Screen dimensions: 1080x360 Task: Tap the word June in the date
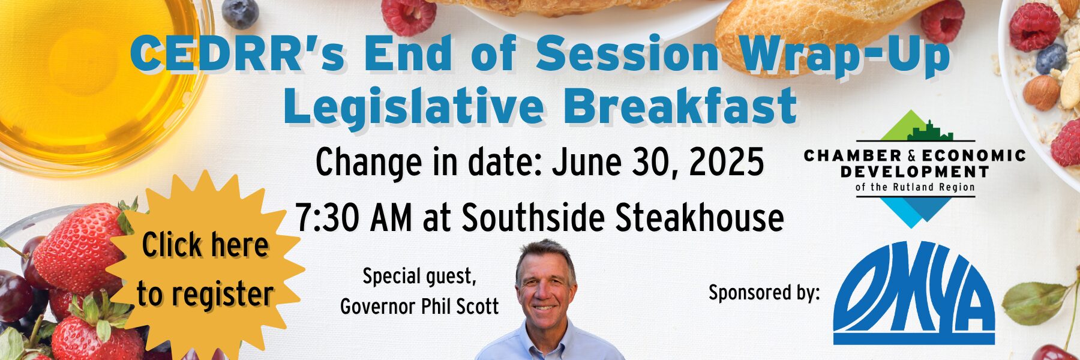pyautogui.click(x=581, y=163)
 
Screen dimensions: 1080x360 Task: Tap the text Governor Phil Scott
pyautogui.click(x=419, y=307)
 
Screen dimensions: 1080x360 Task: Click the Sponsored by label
pyautogui.click(x=764, y=293)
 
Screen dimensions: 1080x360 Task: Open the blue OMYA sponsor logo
pyautogui.click(x=914, y=293)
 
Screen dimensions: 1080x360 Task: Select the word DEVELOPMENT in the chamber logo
pyautogui.click(x=914, y=172)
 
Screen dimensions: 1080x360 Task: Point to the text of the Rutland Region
pyautogui.click(x=915, y=187)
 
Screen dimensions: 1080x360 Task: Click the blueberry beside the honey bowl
pyautogui.click(x=240, y=13)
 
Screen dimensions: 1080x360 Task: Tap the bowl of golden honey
pyautogui.click(x=90, y=78)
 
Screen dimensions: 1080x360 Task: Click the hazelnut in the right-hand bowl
pyautogui.click(x=1041, y=92)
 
